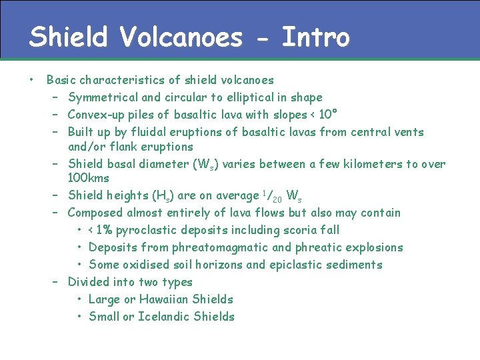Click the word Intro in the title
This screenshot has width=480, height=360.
point(315,37)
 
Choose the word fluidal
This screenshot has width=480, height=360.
point(143,132)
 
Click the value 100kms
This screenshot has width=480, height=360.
point(89,179)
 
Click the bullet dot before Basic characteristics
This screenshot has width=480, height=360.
point(31,80)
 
